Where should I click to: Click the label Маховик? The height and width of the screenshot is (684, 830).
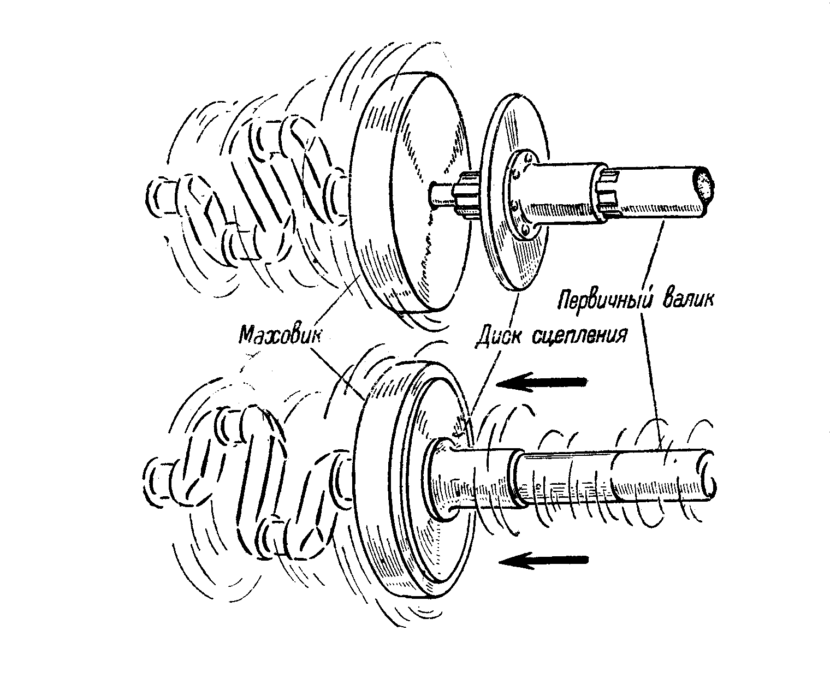click(278, 332)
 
